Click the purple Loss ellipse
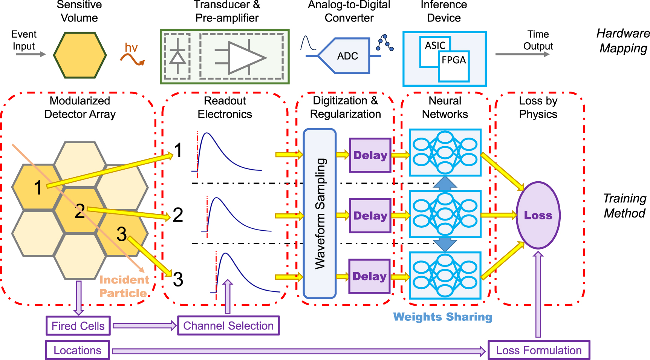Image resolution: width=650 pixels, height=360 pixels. click(538, 215)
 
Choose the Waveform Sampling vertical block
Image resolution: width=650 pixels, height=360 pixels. click(320, 213)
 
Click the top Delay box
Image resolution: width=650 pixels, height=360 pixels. click(370, 155)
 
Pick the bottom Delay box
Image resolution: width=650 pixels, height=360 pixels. click(369, 276)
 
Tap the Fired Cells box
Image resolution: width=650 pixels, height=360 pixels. click(78, 326)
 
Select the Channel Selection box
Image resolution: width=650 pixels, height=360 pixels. click(228, 326)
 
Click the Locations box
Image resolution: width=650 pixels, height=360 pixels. click(78, 350)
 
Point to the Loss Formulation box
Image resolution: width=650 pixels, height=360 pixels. click(538, 350)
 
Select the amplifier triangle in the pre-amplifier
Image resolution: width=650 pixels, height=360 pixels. click(245, 58)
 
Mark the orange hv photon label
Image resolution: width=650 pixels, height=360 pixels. click(131, 48)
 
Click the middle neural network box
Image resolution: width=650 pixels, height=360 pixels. click(445, 214)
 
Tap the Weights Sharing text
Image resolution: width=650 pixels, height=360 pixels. click(442, 317)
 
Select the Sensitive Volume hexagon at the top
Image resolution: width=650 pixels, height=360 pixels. click(80, 55)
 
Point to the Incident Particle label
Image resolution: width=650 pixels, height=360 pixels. click(124, 286)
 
